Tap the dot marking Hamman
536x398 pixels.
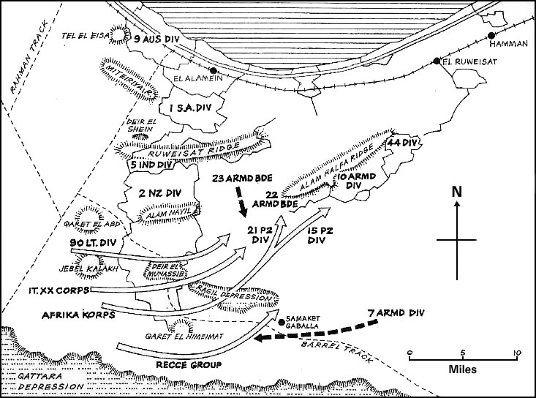click(492, 34)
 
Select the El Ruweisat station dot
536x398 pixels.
click(437, 62)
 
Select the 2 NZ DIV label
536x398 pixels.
click(159, 194)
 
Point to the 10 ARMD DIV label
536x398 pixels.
click(355, 181)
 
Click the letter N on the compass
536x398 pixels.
click(457, 192)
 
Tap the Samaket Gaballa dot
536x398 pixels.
click(281, 321)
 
